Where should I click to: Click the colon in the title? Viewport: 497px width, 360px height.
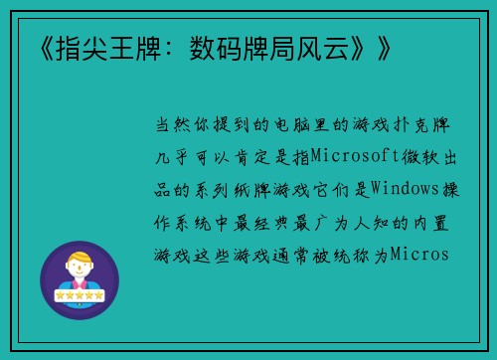[165, 46]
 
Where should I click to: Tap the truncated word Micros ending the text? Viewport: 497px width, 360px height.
[420, 253]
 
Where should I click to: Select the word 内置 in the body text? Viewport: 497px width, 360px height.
[440, 221]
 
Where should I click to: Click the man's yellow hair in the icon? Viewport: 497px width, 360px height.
[79, 260]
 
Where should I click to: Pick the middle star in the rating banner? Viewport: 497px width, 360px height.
[79, 296]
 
